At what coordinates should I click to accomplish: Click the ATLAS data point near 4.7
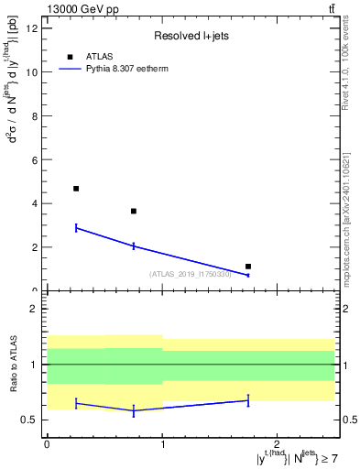[x=76, y=189]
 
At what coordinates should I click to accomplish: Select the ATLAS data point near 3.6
[x=134, y=212]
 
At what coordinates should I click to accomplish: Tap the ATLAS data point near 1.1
[x=248, y=267]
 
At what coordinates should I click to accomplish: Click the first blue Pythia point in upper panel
[x=76, y=227]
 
